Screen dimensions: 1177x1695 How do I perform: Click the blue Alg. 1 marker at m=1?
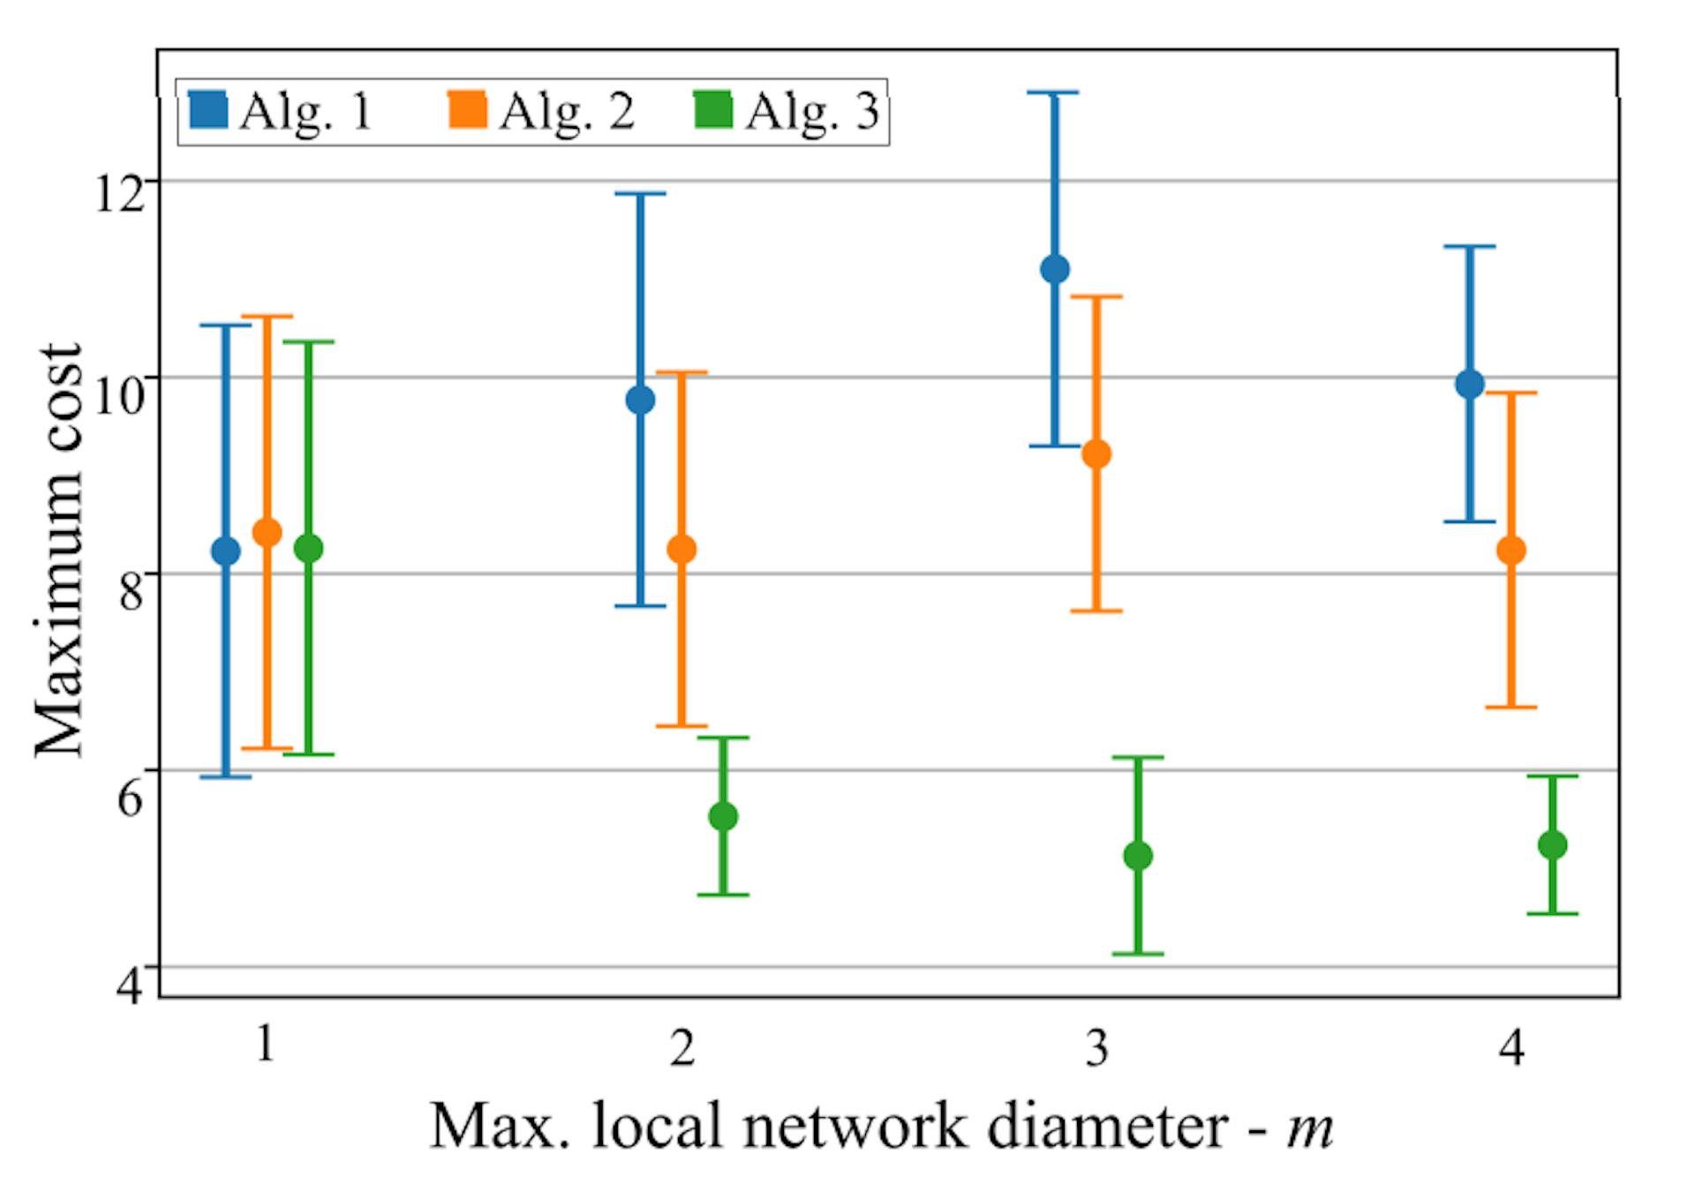(225, 551)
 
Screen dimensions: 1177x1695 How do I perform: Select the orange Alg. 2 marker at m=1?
(267, 532)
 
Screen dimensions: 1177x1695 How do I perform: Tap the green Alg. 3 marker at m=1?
(308, 548)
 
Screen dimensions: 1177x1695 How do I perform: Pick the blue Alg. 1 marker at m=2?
(640, 400)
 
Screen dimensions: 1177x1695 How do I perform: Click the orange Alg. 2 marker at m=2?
(682, 549)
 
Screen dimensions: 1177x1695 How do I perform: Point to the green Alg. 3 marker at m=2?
(723, 816)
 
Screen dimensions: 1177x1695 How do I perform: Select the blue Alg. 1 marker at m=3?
(1055, 269)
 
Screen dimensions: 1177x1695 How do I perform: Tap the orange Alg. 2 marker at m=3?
(1096, 454)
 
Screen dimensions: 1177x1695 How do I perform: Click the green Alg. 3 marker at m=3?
(1138, 855)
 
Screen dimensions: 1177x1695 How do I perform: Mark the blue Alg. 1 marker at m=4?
(1470, 384)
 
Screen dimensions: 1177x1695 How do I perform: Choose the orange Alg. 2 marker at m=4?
(1511, 550)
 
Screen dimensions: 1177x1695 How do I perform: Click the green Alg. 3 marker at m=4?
(1552, 844)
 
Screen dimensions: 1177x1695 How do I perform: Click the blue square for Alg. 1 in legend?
(208, 110)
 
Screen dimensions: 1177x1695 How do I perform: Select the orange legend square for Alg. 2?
(468, 110)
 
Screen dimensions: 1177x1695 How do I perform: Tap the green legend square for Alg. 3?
(713, 110)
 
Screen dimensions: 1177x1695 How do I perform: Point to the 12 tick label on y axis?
(119, 193)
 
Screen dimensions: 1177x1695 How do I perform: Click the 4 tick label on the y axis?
(131, 986)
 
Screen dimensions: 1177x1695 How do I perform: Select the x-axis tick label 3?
(1097, 1048)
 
